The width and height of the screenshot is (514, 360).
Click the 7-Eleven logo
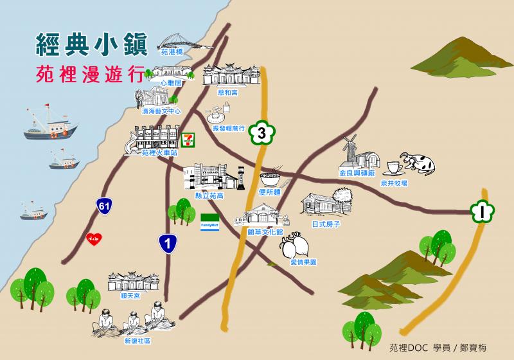tap(188, 139)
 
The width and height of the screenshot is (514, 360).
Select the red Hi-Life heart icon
tap(93, 239)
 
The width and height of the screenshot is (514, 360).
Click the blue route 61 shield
tap(103, 206)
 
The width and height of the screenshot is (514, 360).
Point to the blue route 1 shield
tap(167, 243)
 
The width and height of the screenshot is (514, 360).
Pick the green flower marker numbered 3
tap(260, 133)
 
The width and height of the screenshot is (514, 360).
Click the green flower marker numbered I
tap(481, 210)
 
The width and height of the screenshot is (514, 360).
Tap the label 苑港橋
tap(172, 52)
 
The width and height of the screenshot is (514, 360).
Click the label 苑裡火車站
tap(159, 153)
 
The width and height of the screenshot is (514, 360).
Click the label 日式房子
tap(325, 225)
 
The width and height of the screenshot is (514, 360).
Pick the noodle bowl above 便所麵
tap(270, 177)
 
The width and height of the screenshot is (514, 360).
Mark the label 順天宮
tap(130, 296)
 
